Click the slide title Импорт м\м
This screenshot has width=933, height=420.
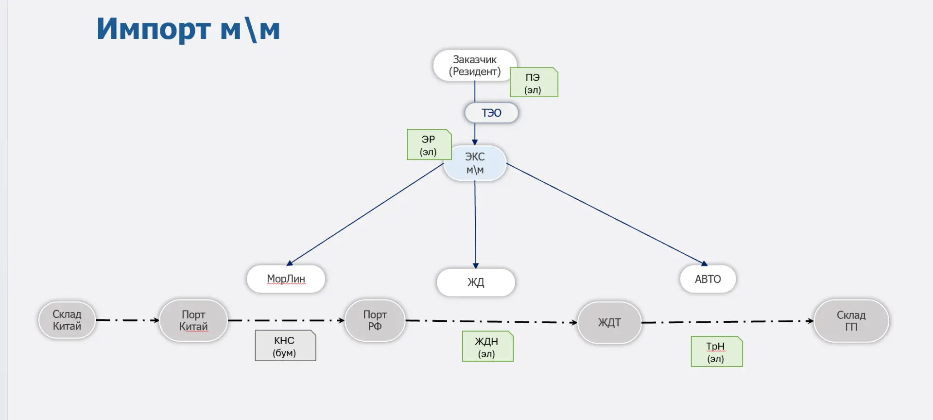[x=188, y=29]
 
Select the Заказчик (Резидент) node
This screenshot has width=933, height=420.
[x=475, y=66]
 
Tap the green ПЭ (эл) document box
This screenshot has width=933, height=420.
[x=534, y=83]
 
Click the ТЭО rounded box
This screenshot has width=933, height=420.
[x=491, y=113]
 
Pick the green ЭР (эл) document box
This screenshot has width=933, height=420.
[x=429, y=145]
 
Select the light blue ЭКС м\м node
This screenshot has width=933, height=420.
[x=475, y=163]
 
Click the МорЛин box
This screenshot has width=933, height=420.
[x=286, y=279]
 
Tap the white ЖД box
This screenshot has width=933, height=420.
[x=476, y=282]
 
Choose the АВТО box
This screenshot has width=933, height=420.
[x=708, y=279]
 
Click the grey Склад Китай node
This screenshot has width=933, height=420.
[x=67, y=320]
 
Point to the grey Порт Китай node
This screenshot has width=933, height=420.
[x=193, y=321]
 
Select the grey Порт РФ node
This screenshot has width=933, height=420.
[x=375, y=321]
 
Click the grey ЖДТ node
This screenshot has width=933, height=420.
[x=609, y=323]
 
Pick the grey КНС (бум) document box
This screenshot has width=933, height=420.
[x=285, y=346]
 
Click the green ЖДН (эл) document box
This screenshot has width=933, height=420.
[x=487, y=347]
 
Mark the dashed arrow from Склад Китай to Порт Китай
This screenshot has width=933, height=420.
[x=127, y=320]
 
